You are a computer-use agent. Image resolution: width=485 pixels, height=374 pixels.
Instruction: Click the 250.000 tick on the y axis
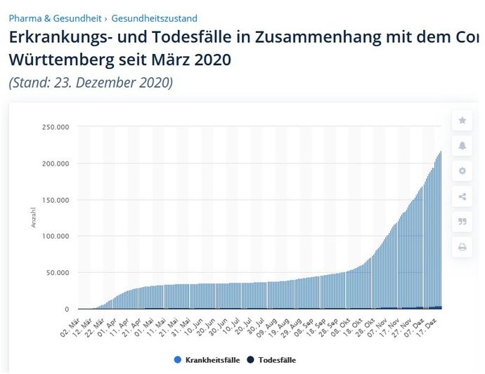click(x=55, y=127)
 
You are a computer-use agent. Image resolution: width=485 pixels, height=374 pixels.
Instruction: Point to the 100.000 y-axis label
click(x=55, y=236)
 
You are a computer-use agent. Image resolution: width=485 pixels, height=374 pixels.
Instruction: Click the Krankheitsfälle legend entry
click(x=205, y=360)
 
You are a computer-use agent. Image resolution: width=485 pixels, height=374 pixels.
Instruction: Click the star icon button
click(x=462, y=121)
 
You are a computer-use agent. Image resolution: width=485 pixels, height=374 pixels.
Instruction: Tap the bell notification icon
click(x=462, y=146)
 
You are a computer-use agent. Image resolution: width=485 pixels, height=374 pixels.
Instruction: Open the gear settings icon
click(x=462, y=171)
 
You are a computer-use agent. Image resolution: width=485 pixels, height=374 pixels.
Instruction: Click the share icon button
click(x=462, y=196)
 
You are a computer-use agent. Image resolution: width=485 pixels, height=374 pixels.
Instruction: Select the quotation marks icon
click(x=462, y=222)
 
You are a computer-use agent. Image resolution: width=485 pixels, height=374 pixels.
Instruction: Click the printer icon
click(x=462, y=247)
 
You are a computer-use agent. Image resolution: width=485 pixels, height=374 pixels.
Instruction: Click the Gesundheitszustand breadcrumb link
click(x=154, y=18)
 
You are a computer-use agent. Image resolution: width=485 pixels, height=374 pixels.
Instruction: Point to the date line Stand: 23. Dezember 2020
click(x=91, y=82)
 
